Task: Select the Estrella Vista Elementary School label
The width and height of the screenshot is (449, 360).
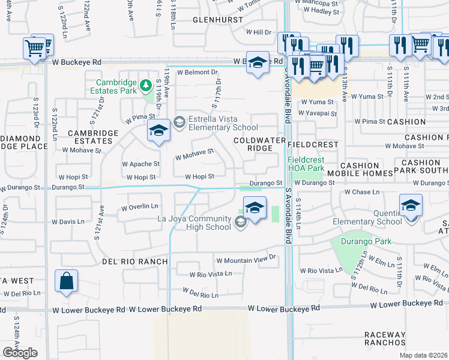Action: tap(223, 122)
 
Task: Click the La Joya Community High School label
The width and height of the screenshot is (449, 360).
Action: tap(194, 223)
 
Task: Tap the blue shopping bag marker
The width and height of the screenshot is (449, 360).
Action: tap(65, 281)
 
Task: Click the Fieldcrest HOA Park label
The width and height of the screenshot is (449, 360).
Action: tap(314, 164)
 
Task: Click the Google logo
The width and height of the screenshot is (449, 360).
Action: tap(20, 353)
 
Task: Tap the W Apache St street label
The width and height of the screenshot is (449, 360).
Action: tap(140, 163)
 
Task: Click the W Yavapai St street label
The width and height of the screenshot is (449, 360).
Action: tap(319, 113)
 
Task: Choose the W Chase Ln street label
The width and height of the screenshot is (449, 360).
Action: tap(362, 193)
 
